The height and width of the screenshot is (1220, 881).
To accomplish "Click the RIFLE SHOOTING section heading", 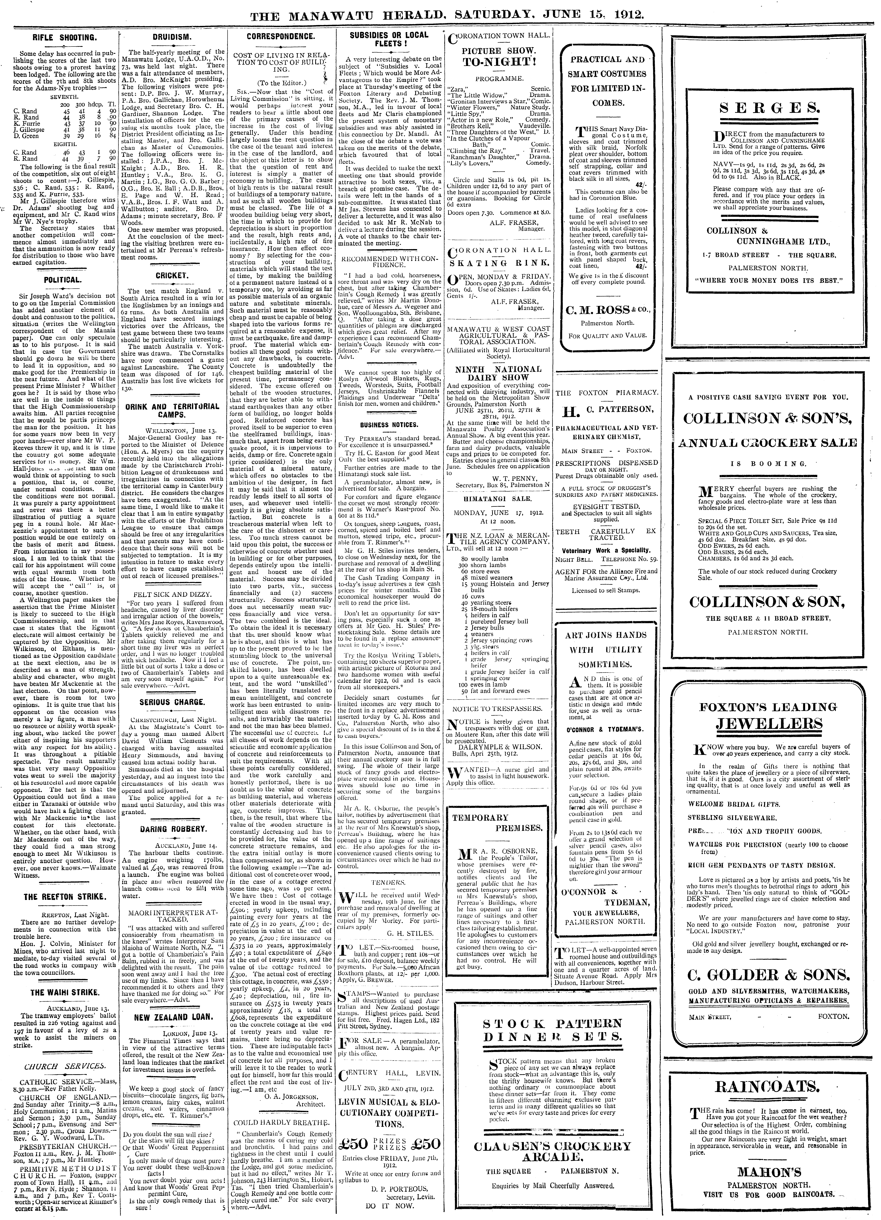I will [x=64, y=38].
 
